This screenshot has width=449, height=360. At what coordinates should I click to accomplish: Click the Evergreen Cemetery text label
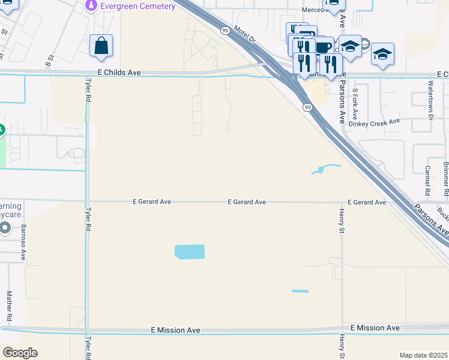click(x=138, y=7)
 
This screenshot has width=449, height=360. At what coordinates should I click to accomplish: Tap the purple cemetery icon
click(x=91, y=6)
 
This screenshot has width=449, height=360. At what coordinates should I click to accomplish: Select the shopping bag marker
click(x=101, y=46)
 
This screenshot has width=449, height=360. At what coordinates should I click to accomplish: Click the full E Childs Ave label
click(x=119, y=72)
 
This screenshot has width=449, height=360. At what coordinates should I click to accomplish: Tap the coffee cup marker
click(x=324, y=47)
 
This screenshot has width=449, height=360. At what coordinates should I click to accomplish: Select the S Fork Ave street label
click(x=355, y=104)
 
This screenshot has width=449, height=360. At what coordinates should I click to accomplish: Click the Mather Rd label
click(x=9, y=305)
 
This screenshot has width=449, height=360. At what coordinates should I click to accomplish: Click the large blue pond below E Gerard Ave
click(x=190, y=252)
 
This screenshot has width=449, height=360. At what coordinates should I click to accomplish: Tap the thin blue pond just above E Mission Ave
click(x=300, y=292)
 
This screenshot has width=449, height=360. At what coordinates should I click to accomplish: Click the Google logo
click(x=20, y=353)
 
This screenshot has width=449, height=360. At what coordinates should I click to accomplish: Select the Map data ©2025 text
click(x=423, y=355)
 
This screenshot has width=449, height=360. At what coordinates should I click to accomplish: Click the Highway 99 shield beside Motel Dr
click(x=224, y=30)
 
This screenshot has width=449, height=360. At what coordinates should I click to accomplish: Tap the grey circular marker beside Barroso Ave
click(x=5, y=228)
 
